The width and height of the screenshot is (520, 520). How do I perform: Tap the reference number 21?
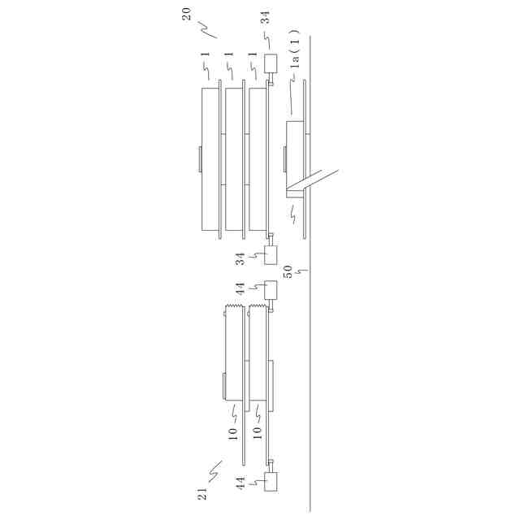click(202, 494)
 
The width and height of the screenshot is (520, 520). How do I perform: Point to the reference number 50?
click(288, 271)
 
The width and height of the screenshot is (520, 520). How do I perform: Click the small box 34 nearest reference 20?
click(271, 63)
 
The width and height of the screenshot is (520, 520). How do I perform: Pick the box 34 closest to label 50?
click(271, 254)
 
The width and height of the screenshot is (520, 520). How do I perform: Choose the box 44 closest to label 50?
click(271, 290)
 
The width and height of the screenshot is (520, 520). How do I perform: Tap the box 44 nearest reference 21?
click(271, 482)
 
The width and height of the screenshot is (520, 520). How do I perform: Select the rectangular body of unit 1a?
click(295, 159)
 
